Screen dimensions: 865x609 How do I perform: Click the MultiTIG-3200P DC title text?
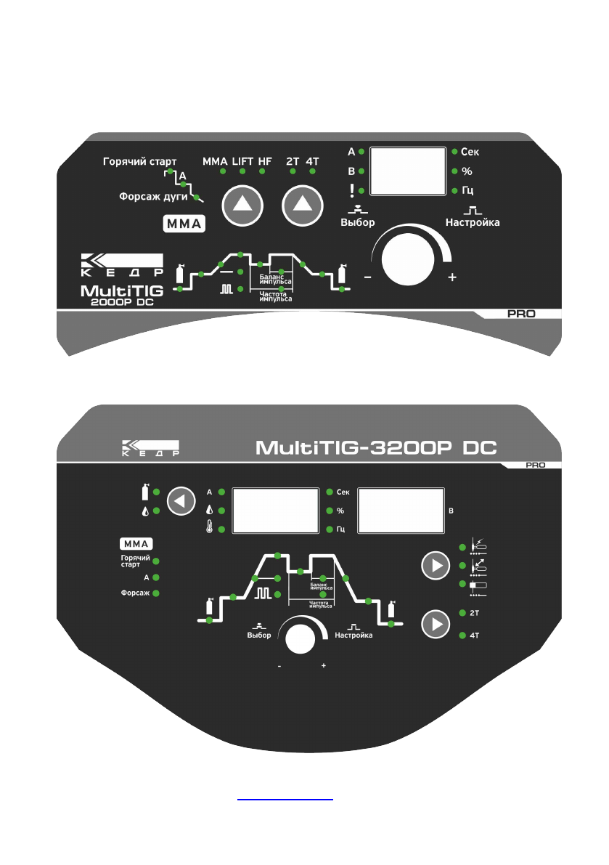pos(376,445)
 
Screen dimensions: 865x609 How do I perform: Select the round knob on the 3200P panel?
pos(301,639)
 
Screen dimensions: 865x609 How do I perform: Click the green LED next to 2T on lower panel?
pos(462,614)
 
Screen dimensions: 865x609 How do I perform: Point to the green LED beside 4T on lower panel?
pos(462,635)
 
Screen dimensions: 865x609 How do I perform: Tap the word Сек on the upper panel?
pos(470,152)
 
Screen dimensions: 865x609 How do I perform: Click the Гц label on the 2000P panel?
pos(467,190)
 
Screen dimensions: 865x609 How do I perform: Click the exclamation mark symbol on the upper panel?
pos(351,190)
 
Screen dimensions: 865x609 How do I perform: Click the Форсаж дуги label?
pos(154,196)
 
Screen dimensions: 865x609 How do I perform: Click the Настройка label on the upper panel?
pos(473,222)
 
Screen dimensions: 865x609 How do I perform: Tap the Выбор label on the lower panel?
pos(258,635)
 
